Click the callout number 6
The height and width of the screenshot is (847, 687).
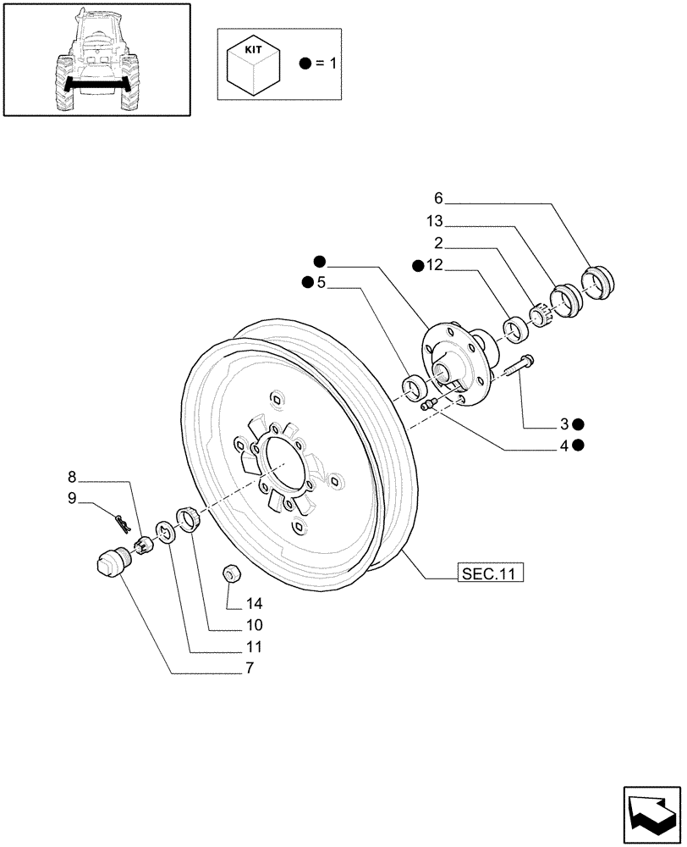pos(438,198)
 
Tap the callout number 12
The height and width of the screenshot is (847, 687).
pos(435,266)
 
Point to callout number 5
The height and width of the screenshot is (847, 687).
pos(321,283)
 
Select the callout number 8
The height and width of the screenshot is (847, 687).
pos(72,477)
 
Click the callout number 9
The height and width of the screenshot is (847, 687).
pos(72,500)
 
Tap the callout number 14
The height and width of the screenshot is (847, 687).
pos(255,604)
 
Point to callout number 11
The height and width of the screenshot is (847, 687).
pos(255,648)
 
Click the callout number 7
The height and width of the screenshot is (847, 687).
pos(250,669)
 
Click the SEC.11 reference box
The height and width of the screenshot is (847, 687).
pos(488,574)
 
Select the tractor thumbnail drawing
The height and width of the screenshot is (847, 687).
pos(96,60)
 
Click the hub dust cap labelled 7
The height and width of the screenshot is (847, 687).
pos(109,562)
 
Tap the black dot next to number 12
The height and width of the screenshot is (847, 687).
pos(419,266)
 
